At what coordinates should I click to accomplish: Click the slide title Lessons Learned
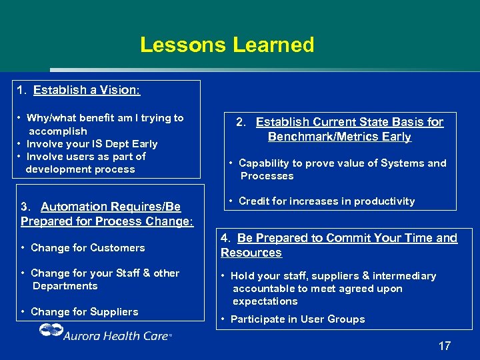227,45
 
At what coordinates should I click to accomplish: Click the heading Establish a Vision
87,89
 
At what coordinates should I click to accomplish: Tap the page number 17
444,346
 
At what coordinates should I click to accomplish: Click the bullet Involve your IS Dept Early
91,144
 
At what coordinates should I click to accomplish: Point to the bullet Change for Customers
87,248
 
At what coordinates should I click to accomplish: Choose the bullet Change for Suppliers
84,312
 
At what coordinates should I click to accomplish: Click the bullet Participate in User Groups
297,319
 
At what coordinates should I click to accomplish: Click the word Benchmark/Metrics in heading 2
339,137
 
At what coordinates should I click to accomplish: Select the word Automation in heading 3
74,207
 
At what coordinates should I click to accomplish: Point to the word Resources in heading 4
251,253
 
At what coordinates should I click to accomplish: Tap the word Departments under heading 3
65,286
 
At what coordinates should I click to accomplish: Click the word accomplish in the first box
57,131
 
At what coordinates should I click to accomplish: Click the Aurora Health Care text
116,335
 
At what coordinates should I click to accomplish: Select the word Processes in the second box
267,176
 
